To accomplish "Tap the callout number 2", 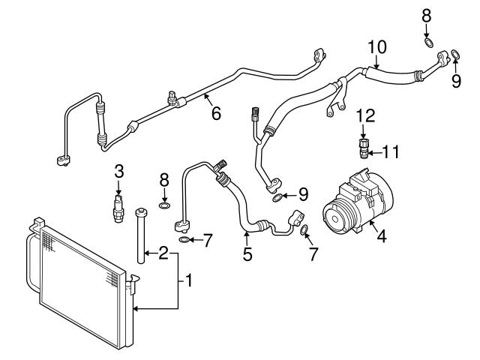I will coord(163,252).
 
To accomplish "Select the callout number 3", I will coord(118,172).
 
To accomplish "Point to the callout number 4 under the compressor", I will coord(381,238).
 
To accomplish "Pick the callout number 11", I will coord(391,152).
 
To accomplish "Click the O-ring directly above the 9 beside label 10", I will coord(455,53).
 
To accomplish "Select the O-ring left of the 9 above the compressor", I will coord(278,198).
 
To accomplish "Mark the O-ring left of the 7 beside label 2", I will coord(184,240).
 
